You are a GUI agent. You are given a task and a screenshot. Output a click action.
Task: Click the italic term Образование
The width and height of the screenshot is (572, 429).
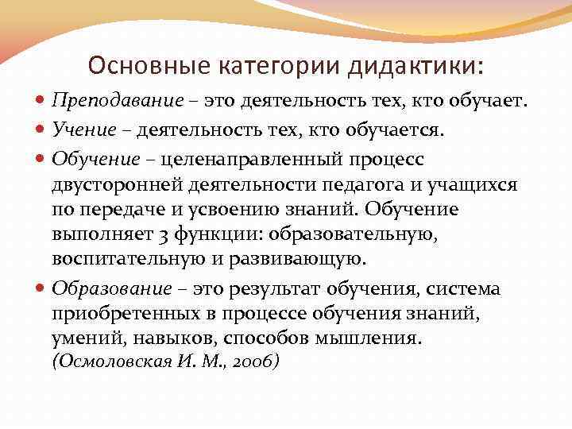112,288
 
